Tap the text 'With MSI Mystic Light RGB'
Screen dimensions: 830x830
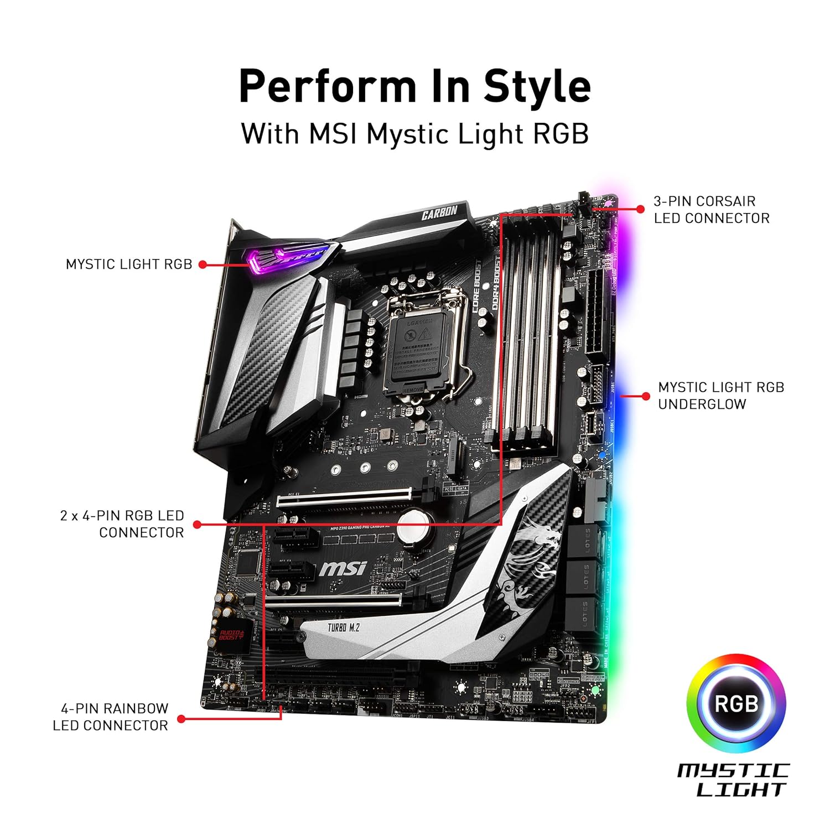pyautogui.click(x=414, y=134)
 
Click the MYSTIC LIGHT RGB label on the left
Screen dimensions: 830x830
pyautogui.click(x=129, y=264)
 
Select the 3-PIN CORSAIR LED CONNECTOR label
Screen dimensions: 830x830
pyautogui.click(x=711, y=210)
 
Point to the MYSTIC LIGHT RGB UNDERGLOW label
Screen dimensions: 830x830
pyautogui.click(x=720, y=396)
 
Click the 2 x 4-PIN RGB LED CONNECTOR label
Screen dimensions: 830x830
pyautogui.click(x=122, y=524)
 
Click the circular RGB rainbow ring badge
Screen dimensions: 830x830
pyautogui.click(x=736, y=704)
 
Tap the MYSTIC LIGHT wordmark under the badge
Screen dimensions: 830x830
pyautogui.click(x=734, y=780)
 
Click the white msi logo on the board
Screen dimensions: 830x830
pyautogui.click(x=343, y=568)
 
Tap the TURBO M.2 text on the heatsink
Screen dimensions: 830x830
pyautogui.click(x=343, y=627)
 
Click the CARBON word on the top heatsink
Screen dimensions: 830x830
pyautogui.click(x=439, y=212)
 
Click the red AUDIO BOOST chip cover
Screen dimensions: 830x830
pyautogui.click(x=229, y=635)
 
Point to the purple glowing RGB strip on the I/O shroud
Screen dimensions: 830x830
pyautogui.click(x=288, y=257)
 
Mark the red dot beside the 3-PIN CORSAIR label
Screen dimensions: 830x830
pyautogui.click(x=640, y=209)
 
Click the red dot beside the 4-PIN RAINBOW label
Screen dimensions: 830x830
pyautogui.click(x=181, y=719)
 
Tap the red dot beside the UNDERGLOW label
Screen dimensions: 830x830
pyautogui.click(x=646, y=396)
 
